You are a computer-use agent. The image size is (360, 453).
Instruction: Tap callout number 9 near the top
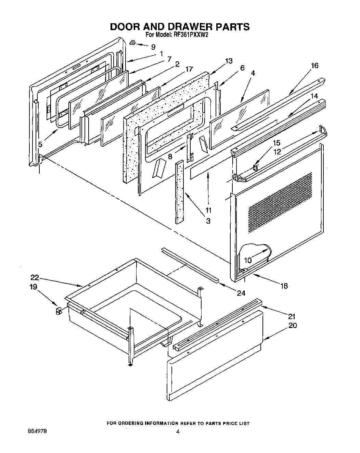pyautogui.click(x=153, y=47)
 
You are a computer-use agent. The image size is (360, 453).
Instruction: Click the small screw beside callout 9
pyautogui.click(x=133, y=42)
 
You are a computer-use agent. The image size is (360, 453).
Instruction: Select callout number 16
pyautogui.click(x=314, y=65)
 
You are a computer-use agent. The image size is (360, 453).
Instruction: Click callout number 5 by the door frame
pyautogui.click(x=40, y=144)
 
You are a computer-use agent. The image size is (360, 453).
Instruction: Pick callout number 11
pyautogui.click(x=208, y=210)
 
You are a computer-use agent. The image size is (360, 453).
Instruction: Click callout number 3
pyautogui.click(x=208, y=221)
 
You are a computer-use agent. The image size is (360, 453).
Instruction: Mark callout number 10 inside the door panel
pyautogui.click(x=248, y=260)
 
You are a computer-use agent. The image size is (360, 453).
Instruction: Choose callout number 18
pyautogui.click(x=284, y=286)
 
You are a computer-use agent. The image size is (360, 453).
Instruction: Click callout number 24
pyautogui.click(x=241, y=293)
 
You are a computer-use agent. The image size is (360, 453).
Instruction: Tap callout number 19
pyautogui.click(x=33, y=287)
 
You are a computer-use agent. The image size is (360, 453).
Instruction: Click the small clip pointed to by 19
pyautogui.click(x=58, y=311)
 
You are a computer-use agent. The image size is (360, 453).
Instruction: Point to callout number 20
pyautogui.click(x=293, y=325)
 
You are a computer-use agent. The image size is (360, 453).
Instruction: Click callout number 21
pyautogui.click(x=292, y=316)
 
